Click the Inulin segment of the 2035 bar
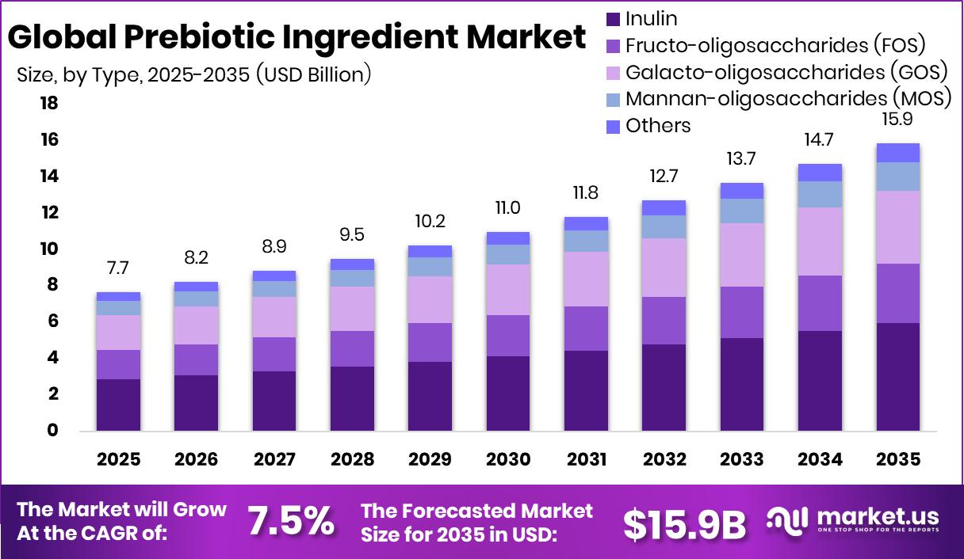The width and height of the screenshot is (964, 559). [x=897, y=376]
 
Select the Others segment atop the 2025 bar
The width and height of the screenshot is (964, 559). [x=118, y=296]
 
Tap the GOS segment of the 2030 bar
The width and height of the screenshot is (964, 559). [x=507, y=289]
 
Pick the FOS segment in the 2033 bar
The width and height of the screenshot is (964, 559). [x=741, y=312]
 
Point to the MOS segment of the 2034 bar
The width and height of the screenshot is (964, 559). [x=820, y=194]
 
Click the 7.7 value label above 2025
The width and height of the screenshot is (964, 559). [x=118, y=267]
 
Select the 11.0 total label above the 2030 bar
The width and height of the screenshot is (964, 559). [x=507, y=207]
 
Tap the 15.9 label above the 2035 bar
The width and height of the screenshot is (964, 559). [x=897, y=120]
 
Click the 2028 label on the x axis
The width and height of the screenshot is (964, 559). [x=352, y=460]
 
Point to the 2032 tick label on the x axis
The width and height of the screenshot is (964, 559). [x=664, y=460]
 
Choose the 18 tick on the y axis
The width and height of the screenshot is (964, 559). [x=49, y=104]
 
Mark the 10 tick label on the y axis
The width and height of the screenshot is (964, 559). [x=49, y=249]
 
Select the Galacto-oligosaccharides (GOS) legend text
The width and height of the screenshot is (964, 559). [x=786, y=72]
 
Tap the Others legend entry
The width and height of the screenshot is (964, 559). [x=657, y=125]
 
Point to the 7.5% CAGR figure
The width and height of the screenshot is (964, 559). [x=290, y=522]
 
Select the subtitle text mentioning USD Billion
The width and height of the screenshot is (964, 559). [x=194, y=74]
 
